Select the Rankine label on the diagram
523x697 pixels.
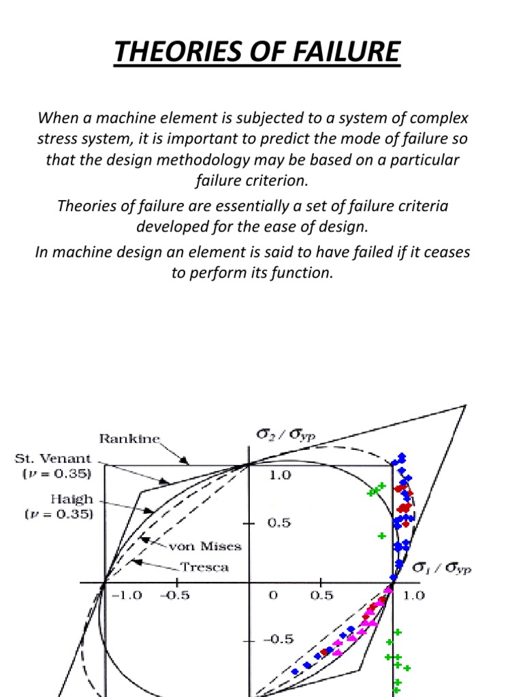pos(129,439)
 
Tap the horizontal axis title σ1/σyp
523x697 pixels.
pos(442,568)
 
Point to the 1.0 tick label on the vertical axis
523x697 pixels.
pos(279,475)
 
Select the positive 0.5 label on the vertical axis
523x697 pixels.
pos(279,523)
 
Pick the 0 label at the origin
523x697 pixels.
pos(272,596)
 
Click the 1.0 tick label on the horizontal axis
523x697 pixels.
pos(413,596)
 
